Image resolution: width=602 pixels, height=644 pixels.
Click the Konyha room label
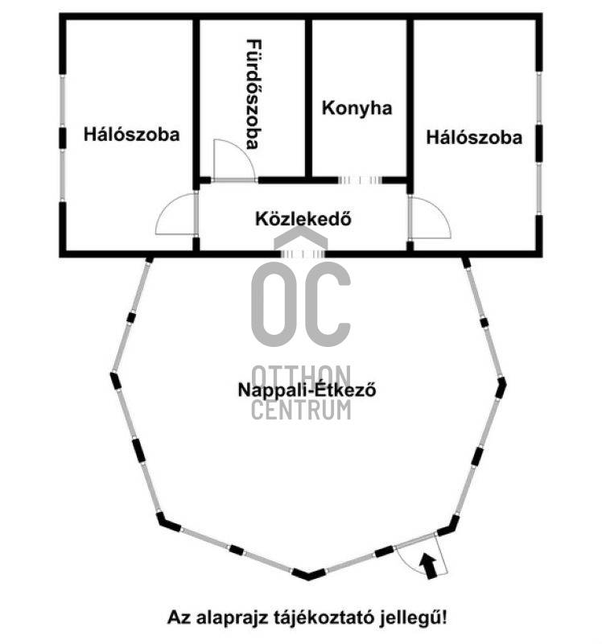(x=357, y=108)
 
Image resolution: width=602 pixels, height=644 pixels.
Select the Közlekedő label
(x=303, y=219)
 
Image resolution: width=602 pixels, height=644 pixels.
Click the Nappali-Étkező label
(x=307, y=390)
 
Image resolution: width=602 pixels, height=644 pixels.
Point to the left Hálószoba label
(x=131, y=134)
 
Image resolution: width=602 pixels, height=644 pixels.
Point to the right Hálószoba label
(x=474, y=137)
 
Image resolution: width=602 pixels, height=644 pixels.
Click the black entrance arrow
(x=428, y=566)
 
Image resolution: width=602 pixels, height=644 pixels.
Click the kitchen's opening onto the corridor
(x=360, y=180)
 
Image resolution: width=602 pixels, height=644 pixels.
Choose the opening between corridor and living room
(x=303, y=254)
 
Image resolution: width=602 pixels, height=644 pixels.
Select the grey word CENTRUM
(x=301, y=409)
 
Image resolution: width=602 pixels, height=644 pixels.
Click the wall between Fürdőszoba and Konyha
(x=308, y=97)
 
